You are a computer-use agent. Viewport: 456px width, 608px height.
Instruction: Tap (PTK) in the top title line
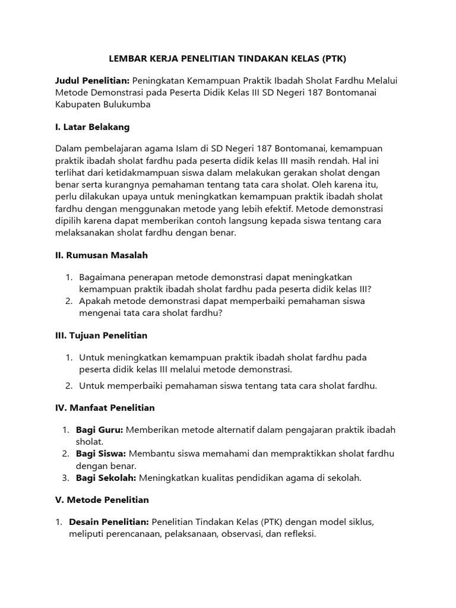pos(333,59)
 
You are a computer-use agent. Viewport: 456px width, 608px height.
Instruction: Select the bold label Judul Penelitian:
pos(92,81)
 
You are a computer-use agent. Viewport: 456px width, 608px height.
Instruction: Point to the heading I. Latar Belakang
pos(92,127)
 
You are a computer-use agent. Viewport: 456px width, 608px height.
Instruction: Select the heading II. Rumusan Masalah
pos(101,255)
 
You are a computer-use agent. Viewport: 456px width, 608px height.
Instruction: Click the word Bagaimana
pos(106,277)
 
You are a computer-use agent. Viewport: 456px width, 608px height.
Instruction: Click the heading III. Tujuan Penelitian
pos(101,335)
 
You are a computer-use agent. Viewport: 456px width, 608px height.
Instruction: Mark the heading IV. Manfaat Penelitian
pos(104,408)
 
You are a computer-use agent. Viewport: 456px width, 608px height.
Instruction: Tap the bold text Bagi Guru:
pos(99,430)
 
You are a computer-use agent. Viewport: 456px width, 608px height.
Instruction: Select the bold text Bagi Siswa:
pos(101,454)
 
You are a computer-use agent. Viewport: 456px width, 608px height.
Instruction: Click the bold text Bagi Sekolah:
pos(106,477)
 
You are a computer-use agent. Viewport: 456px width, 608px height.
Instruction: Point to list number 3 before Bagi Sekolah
pos(65,477)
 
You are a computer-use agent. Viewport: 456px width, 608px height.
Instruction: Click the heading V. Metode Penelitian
pos(102,500)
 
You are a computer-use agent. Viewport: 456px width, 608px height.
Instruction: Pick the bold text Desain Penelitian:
pos(109,522)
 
